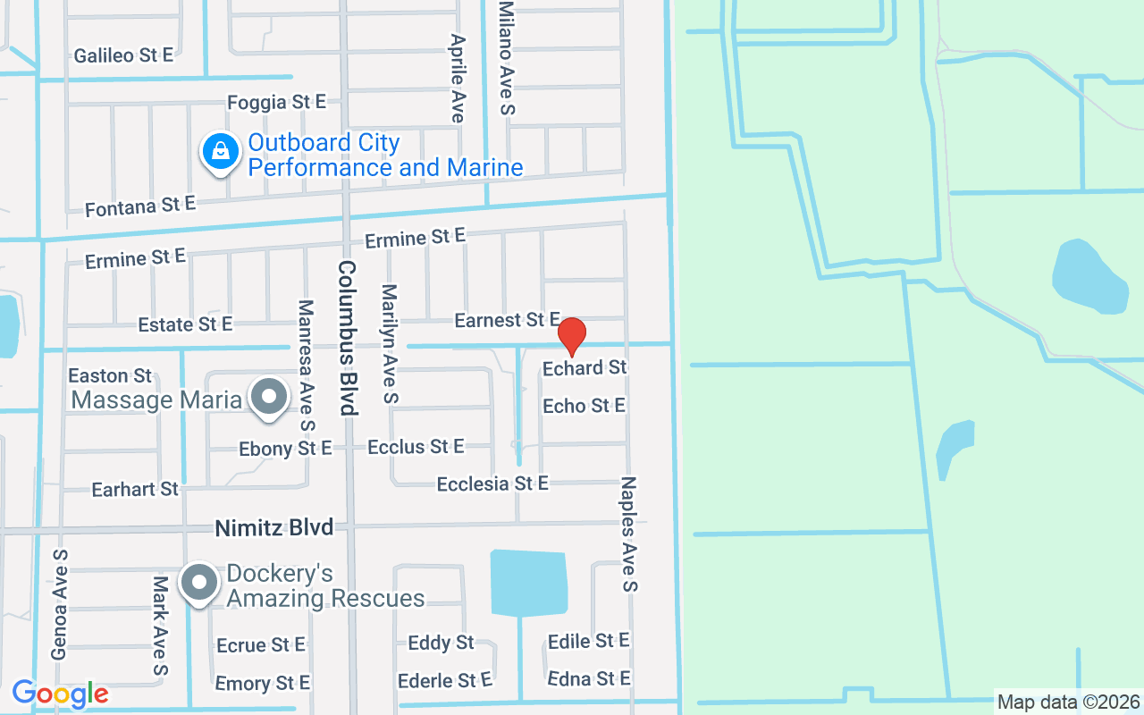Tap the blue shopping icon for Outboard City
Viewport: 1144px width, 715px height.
click(220, 152)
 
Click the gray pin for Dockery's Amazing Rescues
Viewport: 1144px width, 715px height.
click(199, 584)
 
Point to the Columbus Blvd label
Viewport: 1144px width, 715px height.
click(347, 338)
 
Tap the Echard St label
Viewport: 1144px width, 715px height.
click(585, 367)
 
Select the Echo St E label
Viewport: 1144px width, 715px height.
click(584, 406)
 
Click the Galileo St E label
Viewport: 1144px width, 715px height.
click(123, 55)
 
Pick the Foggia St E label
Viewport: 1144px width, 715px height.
click(276, 103)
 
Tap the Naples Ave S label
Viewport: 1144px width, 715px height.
click(629, 534)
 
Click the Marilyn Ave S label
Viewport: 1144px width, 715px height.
click(389, 342)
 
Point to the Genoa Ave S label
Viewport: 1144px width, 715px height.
click(60, 604)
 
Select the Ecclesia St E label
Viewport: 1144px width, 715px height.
click(492, 484)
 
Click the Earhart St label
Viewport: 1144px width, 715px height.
click(135, 489)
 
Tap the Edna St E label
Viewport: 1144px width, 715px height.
click(589, 678)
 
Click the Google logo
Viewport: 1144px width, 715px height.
click(60, 693)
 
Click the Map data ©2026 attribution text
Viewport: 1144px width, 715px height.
click(1069, 702)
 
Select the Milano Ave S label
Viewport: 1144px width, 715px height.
click(507, 57)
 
